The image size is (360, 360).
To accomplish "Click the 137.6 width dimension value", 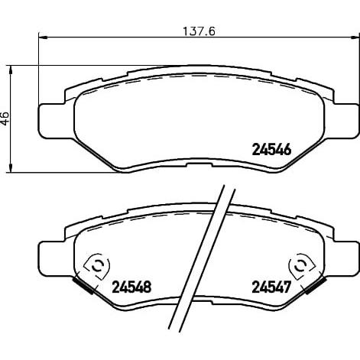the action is [x=199, y=31].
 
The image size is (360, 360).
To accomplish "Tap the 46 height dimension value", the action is [x=5, y=118].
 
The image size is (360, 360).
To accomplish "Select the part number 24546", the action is [x=271, y=149].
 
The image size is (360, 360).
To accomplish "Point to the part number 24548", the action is [x=131, y=287].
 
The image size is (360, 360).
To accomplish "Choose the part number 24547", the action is [x=271, y=287].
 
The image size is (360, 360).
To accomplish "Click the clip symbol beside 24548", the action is [x=96, y=267].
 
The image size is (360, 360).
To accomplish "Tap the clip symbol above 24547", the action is [x=302, y=267].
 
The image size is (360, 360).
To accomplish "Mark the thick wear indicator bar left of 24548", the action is [x=83, y=286].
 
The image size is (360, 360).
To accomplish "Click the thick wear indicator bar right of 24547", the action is [x=316, y=286].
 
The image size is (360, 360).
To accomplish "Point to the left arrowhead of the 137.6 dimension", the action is [x=43, y=37].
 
